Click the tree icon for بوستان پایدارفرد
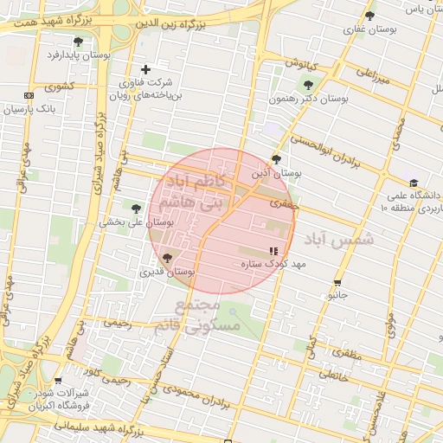coord(79,42)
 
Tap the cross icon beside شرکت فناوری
coord(145,69)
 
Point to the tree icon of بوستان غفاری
coord(370,16)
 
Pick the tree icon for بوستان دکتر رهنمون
coord(308,85)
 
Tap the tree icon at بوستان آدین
coord(276,159)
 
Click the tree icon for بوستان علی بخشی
coord(136,208)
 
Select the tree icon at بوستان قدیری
coord(166,258)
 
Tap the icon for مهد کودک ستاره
coord(274,251)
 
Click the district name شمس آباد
coord(339,239)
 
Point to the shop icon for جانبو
coord(337,282)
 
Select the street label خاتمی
coord(332,375)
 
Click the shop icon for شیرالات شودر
coord(58,381)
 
